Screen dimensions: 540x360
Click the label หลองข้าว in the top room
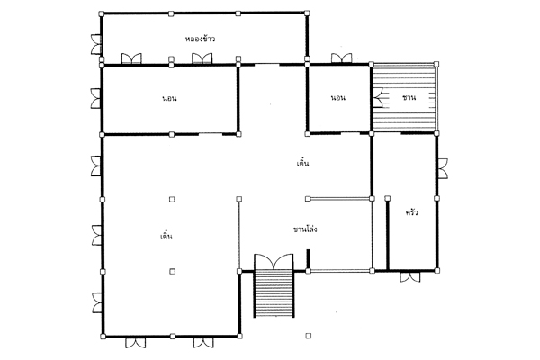(200, 39)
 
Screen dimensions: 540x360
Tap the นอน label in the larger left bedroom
(169, 98)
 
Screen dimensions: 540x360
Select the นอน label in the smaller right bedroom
(338, 98)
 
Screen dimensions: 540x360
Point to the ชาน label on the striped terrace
(409, 98)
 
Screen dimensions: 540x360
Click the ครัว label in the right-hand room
(411, 212)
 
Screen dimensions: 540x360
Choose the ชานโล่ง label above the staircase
(305, 229)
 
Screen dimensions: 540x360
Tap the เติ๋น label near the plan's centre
(302, 163)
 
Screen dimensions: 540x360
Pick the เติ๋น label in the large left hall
(166, 236)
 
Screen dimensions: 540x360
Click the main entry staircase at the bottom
(274, 294)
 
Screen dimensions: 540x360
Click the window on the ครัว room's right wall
(443, 168)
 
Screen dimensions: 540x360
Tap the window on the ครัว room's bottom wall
(410, 276)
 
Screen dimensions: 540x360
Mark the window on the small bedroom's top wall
(342, 58)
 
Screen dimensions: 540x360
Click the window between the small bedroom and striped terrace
(378, 97)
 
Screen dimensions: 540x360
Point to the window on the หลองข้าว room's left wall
(96, 44)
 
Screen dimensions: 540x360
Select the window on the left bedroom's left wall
(96, 98)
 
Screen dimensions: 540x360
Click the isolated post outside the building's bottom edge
(309, 336)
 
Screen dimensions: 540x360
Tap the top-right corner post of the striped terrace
(436, 64)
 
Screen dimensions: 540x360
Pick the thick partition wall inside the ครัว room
(387, 234)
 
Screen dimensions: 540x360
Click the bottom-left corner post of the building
(103, 337)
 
